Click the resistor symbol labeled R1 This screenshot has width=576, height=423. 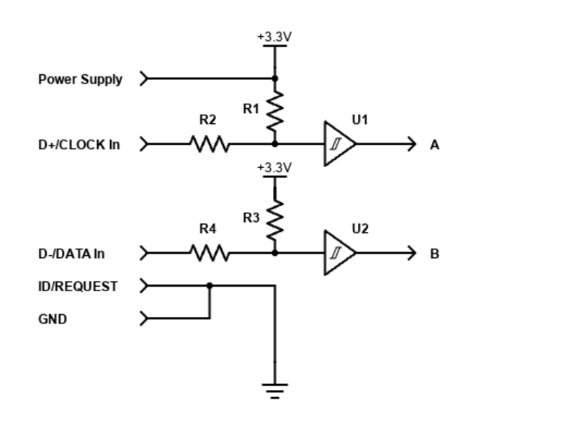pos(274,111)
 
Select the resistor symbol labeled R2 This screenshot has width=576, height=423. pos(210,144)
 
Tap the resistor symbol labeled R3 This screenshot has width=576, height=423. pos(274,220)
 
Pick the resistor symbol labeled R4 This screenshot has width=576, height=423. pos(210,253)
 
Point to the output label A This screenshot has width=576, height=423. pos(434,145)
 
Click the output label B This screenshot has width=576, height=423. pos(434,254)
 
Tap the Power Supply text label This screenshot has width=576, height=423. pos(80,79)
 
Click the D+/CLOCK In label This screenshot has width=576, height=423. pos(79,145)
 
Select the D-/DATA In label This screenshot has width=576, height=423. pos(71,254)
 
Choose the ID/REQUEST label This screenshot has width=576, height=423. pos(78,286)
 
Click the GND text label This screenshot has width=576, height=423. pos(53,319)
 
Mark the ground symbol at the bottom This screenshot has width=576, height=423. pos(274,391)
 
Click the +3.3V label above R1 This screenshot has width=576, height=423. pos(274,36)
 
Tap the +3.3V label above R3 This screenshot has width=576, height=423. pos(274,167)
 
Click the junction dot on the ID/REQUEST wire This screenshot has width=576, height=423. pos(210,285)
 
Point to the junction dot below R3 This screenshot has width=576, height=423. pos(274,253)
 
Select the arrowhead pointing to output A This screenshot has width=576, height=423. pos(412,144)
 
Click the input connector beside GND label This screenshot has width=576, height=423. pos(144,318)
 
